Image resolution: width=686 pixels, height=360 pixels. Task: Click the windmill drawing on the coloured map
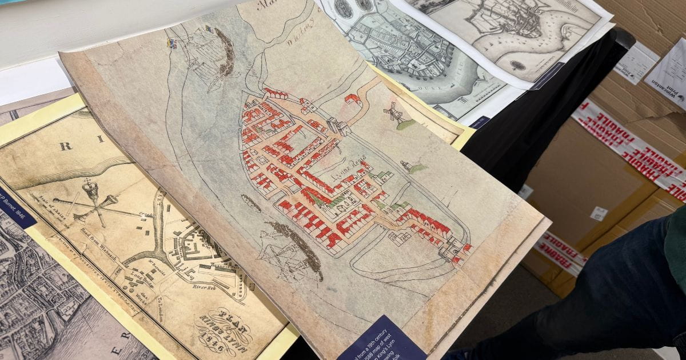393,113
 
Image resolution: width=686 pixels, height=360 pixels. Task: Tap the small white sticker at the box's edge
599,213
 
